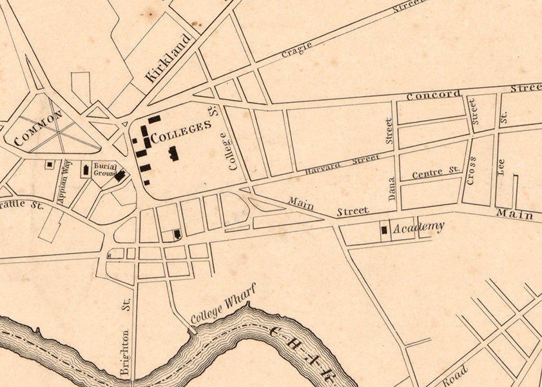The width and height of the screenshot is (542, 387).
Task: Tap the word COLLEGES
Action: click(x=181, y=127)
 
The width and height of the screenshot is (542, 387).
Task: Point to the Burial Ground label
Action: click(x=105, y=170)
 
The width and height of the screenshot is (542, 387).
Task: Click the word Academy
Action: click(x=418, y=226)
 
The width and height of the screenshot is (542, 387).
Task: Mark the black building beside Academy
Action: click(x=385, y=229)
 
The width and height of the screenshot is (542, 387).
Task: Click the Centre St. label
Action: click(x=436, y=172)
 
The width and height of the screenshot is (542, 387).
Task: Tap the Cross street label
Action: click(x=472, y=170)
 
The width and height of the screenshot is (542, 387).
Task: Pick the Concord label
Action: click(x=433, y=95)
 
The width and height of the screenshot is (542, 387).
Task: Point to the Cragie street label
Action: click(x=297, y=50)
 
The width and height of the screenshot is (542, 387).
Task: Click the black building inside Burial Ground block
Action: click(x=120, y=175)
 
